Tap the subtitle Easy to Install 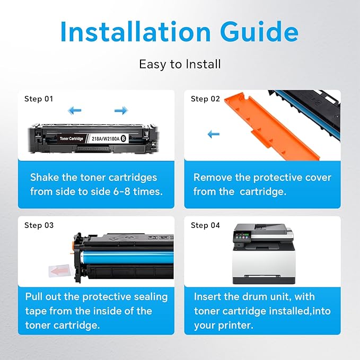point(180,64)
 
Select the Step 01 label point(39,99)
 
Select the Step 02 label point(205,99)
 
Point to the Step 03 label point(39,225)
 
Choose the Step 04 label point(205,225)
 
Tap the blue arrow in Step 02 point(213,135)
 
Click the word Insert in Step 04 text point(208,297)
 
